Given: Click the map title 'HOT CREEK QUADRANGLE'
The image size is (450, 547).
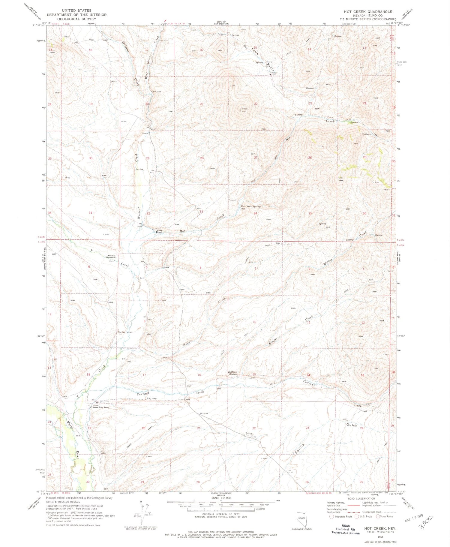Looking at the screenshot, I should [x=368, y=12].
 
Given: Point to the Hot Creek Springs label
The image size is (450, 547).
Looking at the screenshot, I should [x=251, y=206].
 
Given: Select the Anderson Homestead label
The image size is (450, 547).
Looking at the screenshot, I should [x=110, y=257].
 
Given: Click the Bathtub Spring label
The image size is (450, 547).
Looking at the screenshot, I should [x=233, y=373].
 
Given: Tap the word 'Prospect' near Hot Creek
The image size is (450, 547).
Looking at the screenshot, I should [x=232, y=200].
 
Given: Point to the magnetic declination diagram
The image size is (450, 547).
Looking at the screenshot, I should [x=143, y=511].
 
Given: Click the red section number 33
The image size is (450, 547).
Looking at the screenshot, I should [x=201, y=212].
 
